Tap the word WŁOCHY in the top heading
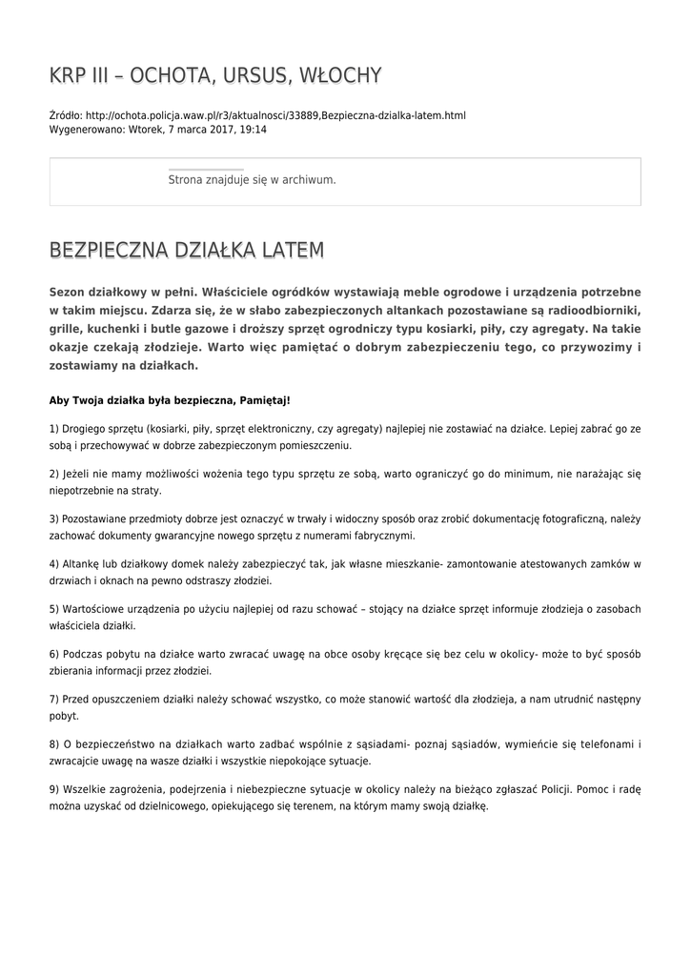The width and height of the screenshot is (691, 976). [340, 76]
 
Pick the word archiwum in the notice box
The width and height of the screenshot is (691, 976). [308, 179]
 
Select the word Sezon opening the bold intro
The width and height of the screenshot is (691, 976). [68, 292]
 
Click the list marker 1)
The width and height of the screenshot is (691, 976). [54, 429]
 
